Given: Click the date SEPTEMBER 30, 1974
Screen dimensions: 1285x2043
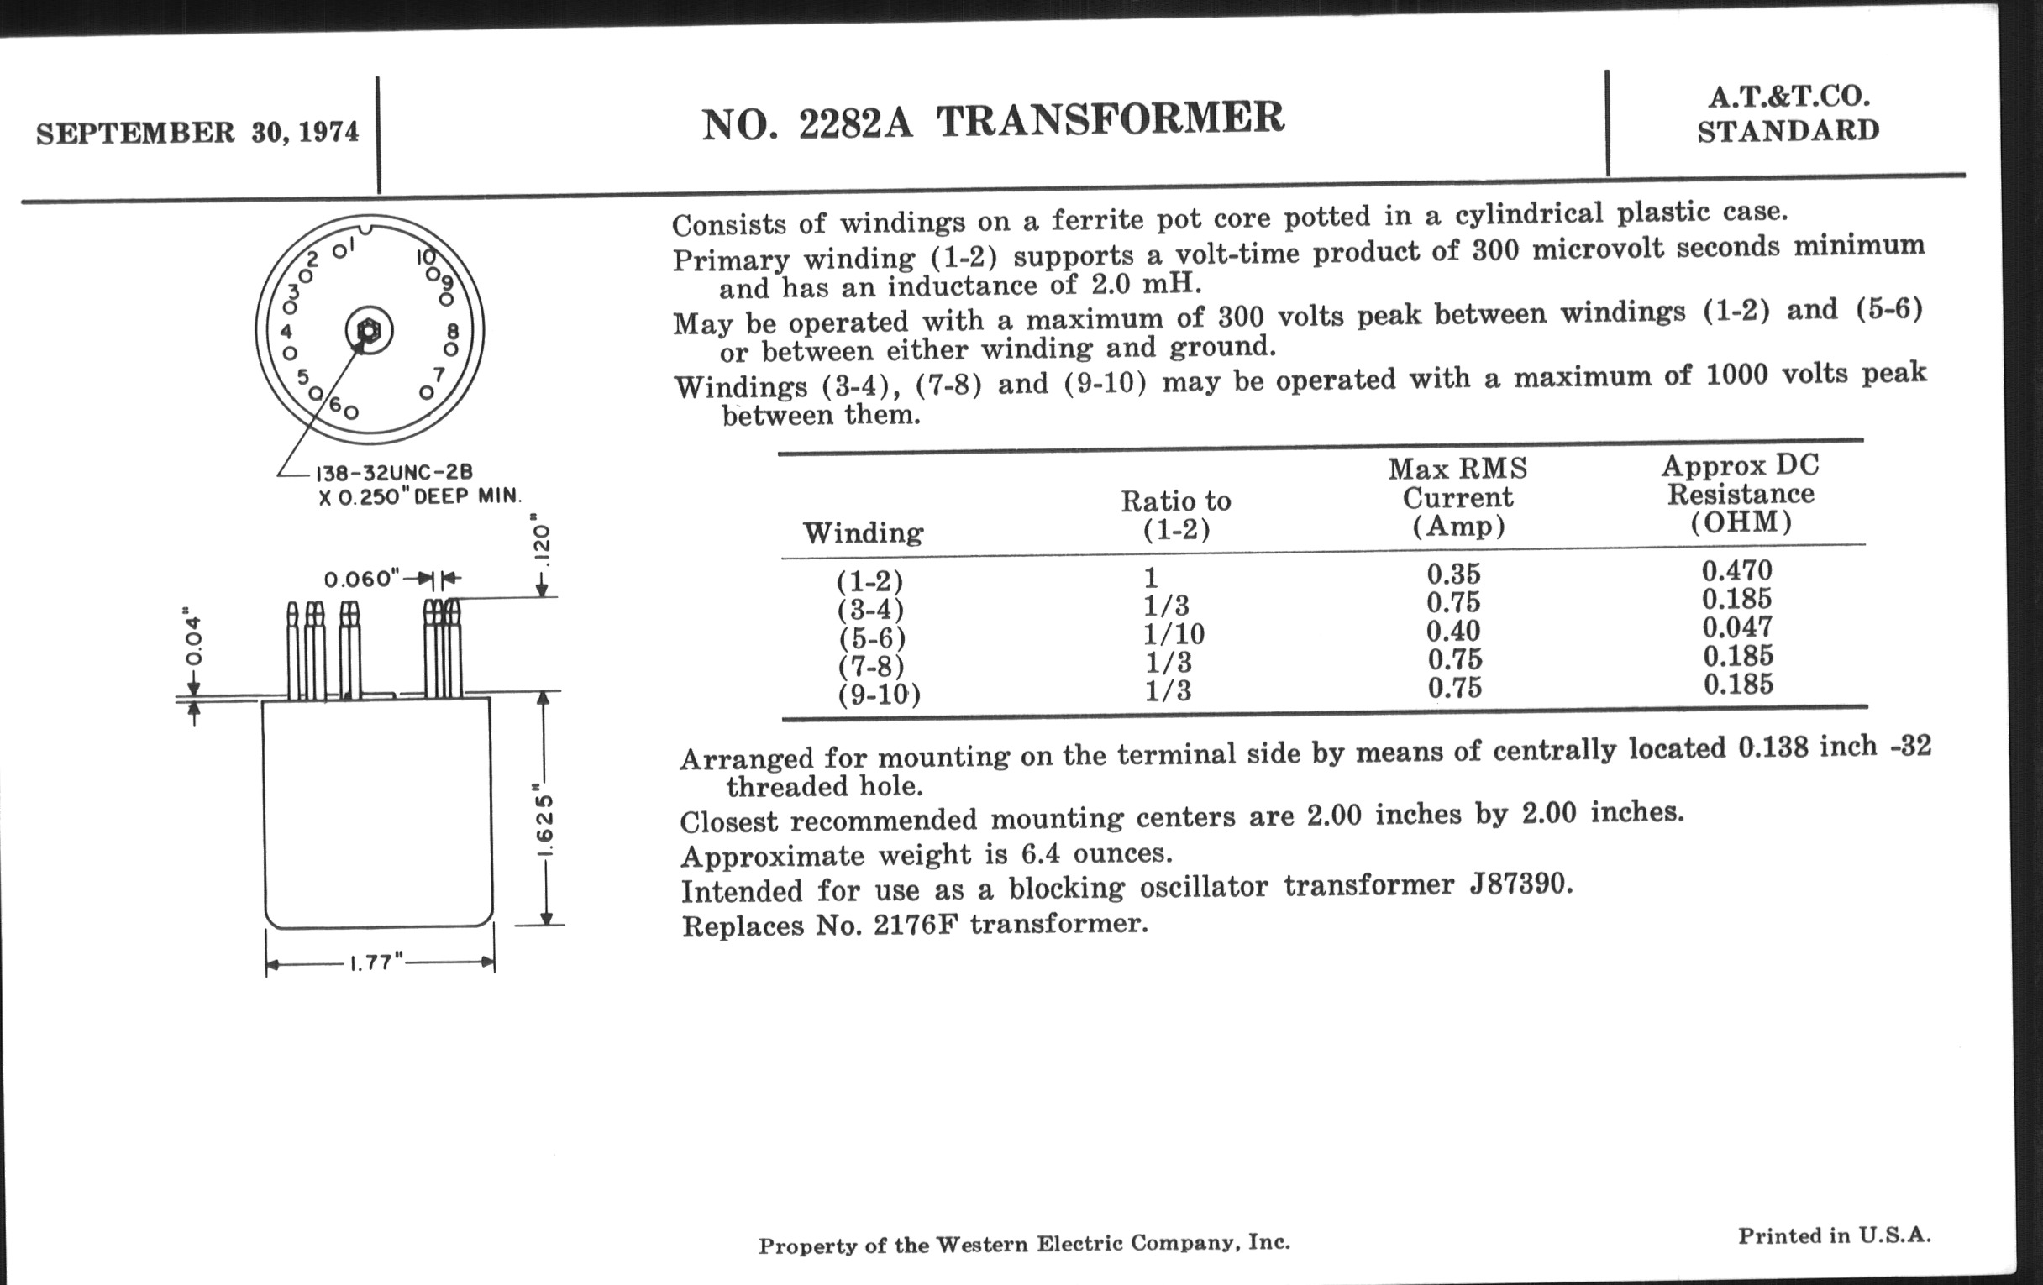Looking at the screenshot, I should point(197,134).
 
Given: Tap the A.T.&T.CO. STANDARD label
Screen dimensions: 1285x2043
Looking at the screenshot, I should point(1788,114).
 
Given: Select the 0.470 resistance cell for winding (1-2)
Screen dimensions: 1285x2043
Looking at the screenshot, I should point(1736,571).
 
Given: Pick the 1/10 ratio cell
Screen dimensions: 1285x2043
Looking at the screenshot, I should point(1174,633).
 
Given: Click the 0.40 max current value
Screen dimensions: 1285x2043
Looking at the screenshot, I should point(1452,631).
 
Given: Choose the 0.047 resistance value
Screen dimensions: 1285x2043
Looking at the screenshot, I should point(1736,627).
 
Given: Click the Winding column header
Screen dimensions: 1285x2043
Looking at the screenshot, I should point(863,533).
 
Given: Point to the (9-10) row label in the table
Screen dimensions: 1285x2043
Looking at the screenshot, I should point(879,695).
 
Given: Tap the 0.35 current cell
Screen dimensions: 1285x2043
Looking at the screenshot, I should point(1452,574).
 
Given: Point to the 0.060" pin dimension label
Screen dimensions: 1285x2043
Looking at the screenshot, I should point(361,580).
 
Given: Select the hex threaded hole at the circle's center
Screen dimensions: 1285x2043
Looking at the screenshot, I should point(369,331).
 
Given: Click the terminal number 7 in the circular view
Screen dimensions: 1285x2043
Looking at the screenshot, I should point(439,374).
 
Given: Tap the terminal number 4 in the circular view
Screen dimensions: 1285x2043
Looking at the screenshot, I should point(286,332).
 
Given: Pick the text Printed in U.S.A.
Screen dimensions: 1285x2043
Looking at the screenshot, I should point(1835,1235).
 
